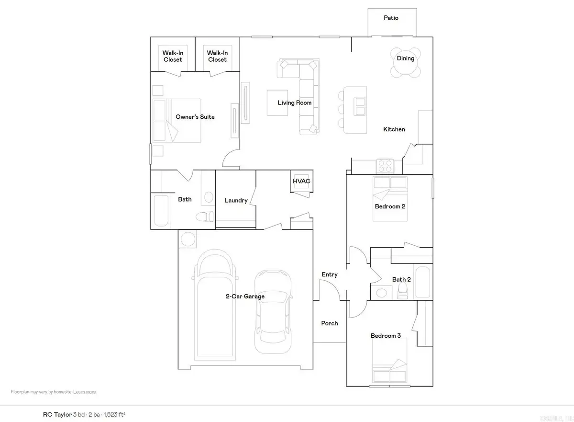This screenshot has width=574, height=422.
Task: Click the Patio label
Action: (391, 18)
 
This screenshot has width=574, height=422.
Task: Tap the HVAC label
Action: (302, 181)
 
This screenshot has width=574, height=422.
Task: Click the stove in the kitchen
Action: (386, 166)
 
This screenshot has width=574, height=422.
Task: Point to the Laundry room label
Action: (236, 200)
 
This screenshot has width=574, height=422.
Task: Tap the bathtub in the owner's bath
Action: (161, 211)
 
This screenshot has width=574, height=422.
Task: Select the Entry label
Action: (330, 274)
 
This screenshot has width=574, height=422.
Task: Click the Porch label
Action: (330, 323)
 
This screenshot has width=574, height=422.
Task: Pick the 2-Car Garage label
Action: (245, 297)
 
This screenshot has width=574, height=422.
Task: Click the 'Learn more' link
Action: (85, 392)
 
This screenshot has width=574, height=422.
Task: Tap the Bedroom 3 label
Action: (386, 336)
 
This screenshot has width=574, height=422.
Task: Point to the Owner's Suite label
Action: (195, 117)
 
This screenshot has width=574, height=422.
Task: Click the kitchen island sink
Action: (360, 106)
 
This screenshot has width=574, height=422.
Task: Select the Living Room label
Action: (295, 103)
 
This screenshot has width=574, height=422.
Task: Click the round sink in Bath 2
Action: (382, 292)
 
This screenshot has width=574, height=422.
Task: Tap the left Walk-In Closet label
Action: (173, 57)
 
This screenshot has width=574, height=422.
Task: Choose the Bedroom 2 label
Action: (390, 206)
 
